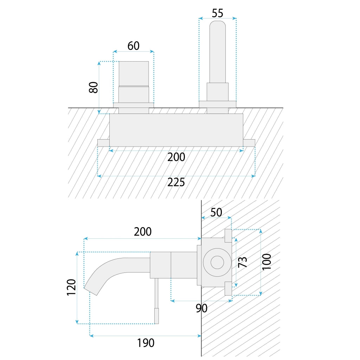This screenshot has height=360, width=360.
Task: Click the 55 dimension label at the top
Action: click(217, 13)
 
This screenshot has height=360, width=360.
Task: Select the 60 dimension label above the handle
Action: click(133, 46)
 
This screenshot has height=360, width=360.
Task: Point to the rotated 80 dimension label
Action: click(94, 87)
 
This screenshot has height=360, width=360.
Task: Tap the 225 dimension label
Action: click(176, 182)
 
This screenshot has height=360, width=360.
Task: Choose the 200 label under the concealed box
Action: click(176, 157)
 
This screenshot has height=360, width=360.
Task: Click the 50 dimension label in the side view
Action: click(216, 212)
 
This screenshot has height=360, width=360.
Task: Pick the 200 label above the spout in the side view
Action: click(143, 232)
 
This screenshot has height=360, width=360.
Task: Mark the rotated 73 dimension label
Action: click(243, 262)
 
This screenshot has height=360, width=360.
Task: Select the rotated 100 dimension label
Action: click(266, 262)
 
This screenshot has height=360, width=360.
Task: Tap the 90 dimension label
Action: click(201, 308)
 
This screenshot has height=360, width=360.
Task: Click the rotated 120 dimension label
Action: click(71, 288)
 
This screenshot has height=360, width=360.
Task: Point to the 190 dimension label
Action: click(146, 343)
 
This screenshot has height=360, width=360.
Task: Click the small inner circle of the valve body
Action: click(217, 262)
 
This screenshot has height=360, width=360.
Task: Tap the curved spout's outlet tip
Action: click(91, 291)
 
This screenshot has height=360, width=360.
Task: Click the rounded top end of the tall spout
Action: click(217, 24)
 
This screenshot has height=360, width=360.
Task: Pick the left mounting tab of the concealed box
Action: click(104, 143)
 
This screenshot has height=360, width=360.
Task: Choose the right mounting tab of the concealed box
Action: click(249, 143)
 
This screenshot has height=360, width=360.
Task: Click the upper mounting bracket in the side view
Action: click(228, 236)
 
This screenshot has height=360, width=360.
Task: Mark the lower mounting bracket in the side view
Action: click(228, 289)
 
